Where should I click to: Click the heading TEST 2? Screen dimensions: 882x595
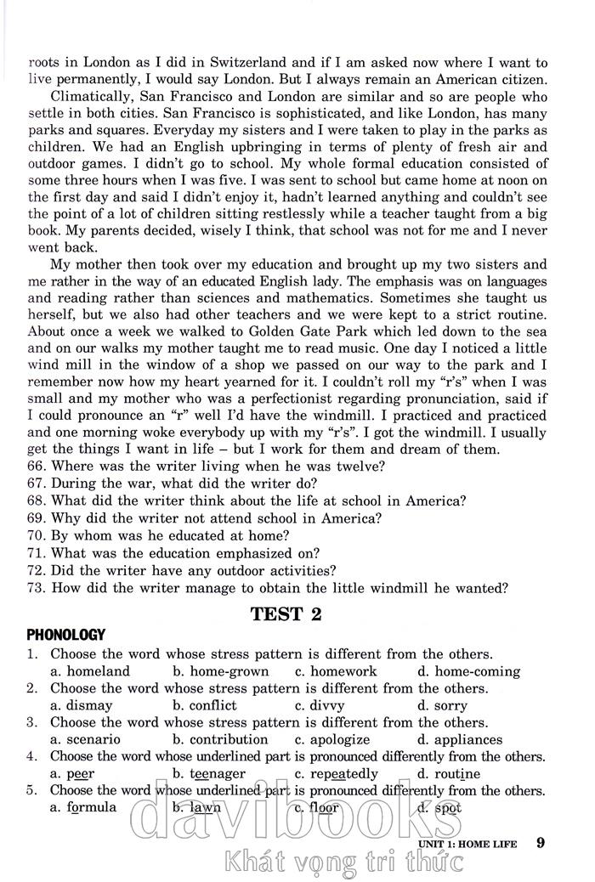[x=286, y=614]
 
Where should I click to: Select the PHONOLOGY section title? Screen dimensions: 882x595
[x=66, y=635]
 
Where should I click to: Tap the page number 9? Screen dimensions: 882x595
[x=541, y=843]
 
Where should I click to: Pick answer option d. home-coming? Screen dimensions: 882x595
[x=468, y=671]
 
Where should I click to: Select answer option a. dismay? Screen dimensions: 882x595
[x=82, y=705]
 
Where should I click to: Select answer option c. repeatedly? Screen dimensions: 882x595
[x=337, y=773]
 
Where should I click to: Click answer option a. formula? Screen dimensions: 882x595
[x=83, y=807]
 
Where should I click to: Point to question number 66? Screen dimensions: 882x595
[x=36, y=466]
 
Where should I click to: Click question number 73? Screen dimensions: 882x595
[x=36, y=587]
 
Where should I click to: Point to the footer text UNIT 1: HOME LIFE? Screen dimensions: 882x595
[x=467, y=844]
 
